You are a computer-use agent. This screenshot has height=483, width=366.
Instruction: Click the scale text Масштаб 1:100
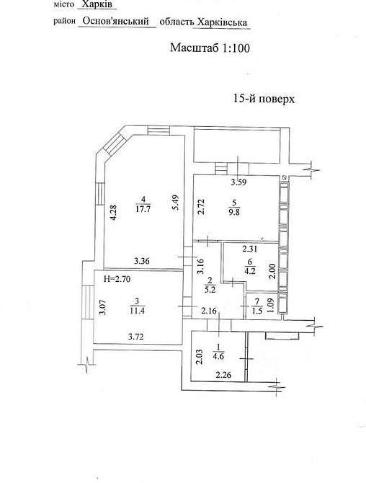tap(210, 48)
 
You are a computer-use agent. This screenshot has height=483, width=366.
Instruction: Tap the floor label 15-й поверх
tap(264, 99)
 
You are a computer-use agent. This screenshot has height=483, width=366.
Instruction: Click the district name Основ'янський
tap(116, 21)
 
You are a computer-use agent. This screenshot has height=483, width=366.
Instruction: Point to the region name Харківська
tap(222, 22)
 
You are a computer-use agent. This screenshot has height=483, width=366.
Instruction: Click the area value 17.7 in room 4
tap(143, 210)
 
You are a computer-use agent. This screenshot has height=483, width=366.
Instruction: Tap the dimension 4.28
tap(113, 213)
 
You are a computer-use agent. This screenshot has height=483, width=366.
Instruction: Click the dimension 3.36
tap(142, 261)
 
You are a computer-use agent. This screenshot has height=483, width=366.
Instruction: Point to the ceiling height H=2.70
tap(117, 279)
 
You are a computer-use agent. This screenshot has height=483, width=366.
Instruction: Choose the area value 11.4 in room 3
tap(138, 311)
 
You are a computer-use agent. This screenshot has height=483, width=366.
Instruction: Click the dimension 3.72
tap(135, 337)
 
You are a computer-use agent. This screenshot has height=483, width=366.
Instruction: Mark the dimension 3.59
tap(239, 182)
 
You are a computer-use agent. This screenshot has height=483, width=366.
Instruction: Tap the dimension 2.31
tap(249, 249)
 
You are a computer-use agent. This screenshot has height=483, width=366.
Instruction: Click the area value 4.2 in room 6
tap(249, 271)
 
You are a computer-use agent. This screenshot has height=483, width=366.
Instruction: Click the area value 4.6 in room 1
tap(219, 357)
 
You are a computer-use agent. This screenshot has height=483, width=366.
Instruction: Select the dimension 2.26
tap(223, 375)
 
